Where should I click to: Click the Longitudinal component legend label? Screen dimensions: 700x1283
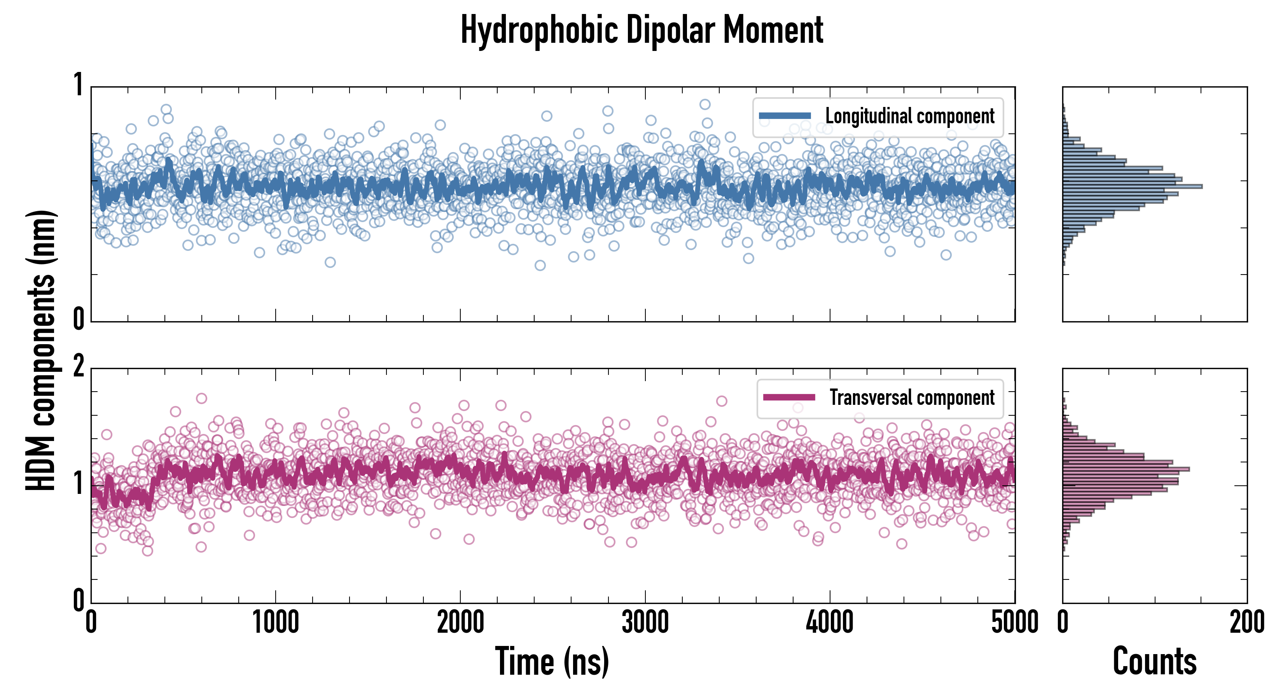pos(909,116)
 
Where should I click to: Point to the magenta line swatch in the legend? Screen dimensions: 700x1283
pos(789,397)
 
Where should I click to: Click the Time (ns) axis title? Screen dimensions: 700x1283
pos(552,661)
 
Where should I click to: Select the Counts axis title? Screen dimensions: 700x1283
pos(1154,661)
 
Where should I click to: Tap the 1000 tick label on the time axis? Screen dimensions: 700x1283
pos(275,623)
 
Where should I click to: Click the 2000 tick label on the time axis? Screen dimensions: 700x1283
pos(460,623)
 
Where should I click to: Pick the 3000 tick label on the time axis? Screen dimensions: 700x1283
pos(645,623)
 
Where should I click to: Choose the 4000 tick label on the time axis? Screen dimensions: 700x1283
pos(830,623)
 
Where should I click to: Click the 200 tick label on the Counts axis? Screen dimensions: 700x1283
pos(1246,623)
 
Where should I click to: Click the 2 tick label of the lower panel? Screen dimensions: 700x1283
pos(78,367)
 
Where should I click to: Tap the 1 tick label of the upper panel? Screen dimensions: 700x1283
pos(78,85)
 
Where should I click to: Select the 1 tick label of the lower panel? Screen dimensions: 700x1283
pos(78,483)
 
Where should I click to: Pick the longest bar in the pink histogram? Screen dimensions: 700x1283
pos(1126,469)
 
